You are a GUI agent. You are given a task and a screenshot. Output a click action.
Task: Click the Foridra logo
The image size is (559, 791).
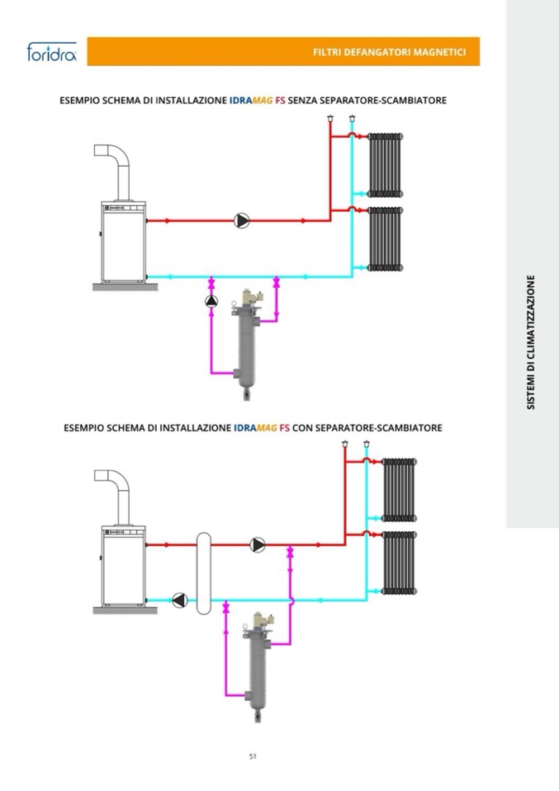click(x=51, y=54)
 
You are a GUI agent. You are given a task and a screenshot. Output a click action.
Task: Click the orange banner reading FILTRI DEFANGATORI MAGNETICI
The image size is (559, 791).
click(x=283, y=52)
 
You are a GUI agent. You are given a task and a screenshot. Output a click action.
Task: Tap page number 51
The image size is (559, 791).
click(x=253, y=756)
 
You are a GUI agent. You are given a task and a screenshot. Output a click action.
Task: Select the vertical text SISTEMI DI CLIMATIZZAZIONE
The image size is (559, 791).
click(x=531, y=341)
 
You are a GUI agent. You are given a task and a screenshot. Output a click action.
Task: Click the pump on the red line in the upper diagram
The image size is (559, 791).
click(x=242, y=220)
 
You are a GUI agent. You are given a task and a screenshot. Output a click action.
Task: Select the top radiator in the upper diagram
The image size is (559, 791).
click(x=386, y=165)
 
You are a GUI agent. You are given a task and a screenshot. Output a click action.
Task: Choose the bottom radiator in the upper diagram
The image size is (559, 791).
click(x=386, y=238)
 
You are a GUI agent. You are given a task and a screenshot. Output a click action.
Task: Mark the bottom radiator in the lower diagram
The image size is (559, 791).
click(x=399, y=563)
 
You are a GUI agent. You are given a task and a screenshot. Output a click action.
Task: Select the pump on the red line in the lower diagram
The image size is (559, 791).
click(x=258, y=544)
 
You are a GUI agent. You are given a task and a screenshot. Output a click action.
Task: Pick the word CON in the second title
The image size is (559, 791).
click(x=303, y=428)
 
